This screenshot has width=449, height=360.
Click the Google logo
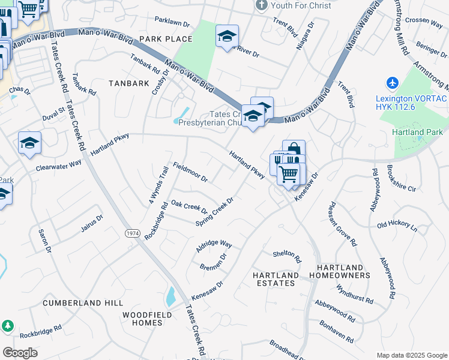click(x=20, y=353)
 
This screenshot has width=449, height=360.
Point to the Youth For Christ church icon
click(x=261, y=5)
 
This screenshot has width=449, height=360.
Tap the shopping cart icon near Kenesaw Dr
click(x=289, y=173)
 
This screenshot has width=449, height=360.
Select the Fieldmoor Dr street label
click(x=190, y=172)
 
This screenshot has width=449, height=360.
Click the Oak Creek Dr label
click(x=189, y=206)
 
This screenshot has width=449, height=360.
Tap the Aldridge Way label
click(x=214, y=245)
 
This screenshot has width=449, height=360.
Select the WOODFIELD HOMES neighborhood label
click(x=147, y=319)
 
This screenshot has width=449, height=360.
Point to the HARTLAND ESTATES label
click(x=276, y=280)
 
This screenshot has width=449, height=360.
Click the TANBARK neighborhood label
click(x=128, y=83)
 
